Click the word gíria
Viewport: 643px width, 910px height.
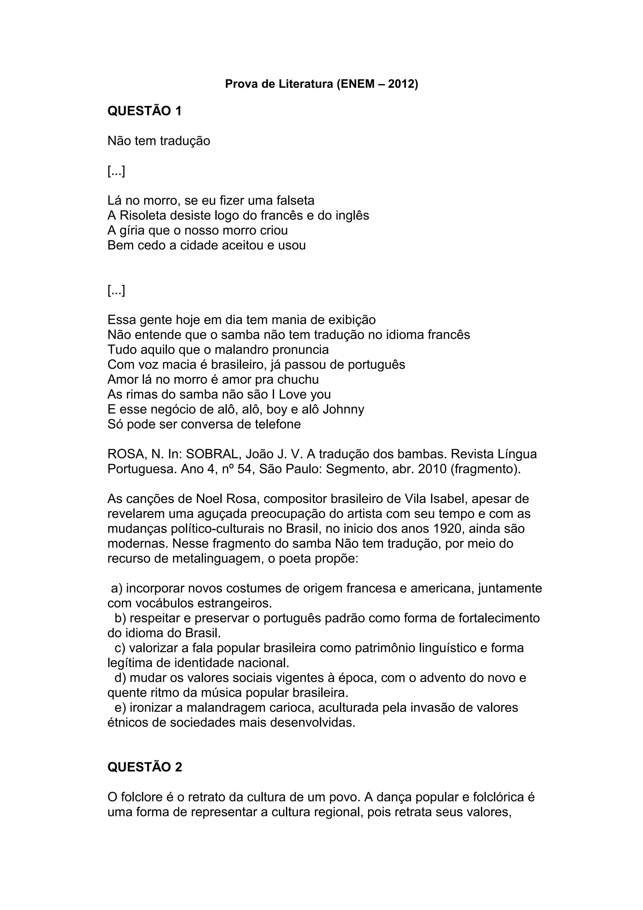point(132,230)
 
